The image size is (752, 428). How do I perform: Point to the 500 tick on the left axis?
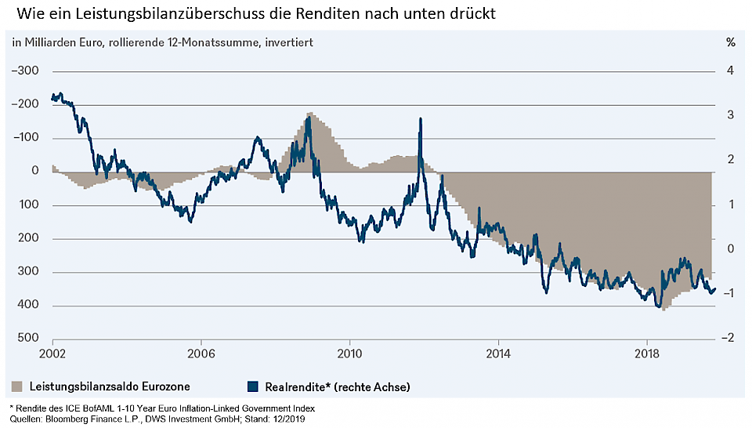tap(28, 339)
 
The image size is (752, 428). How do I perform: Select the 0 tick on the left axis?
tap(35, 171)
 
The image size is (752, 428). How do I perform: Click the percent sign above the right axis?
tap(730, 42)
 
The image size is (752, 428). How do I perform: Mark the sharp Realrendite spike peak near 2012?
tap(421, 119)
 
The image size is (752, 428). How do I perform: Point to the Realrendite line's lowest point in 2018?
tap(659, 306)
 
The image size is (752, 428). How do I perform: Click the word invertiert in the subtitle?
tap(289, 42)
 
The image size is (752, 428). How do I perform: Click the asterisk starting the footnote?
tap(11, 407)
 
